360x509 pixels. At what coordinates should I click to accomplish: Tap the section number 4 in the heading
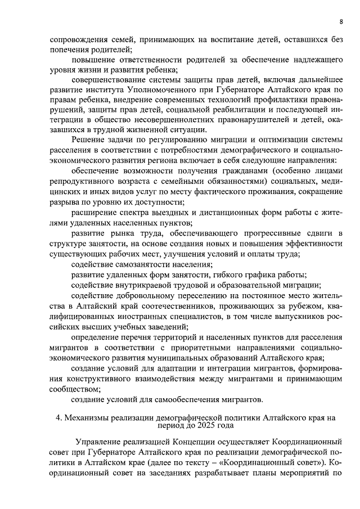pos(58,418)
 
